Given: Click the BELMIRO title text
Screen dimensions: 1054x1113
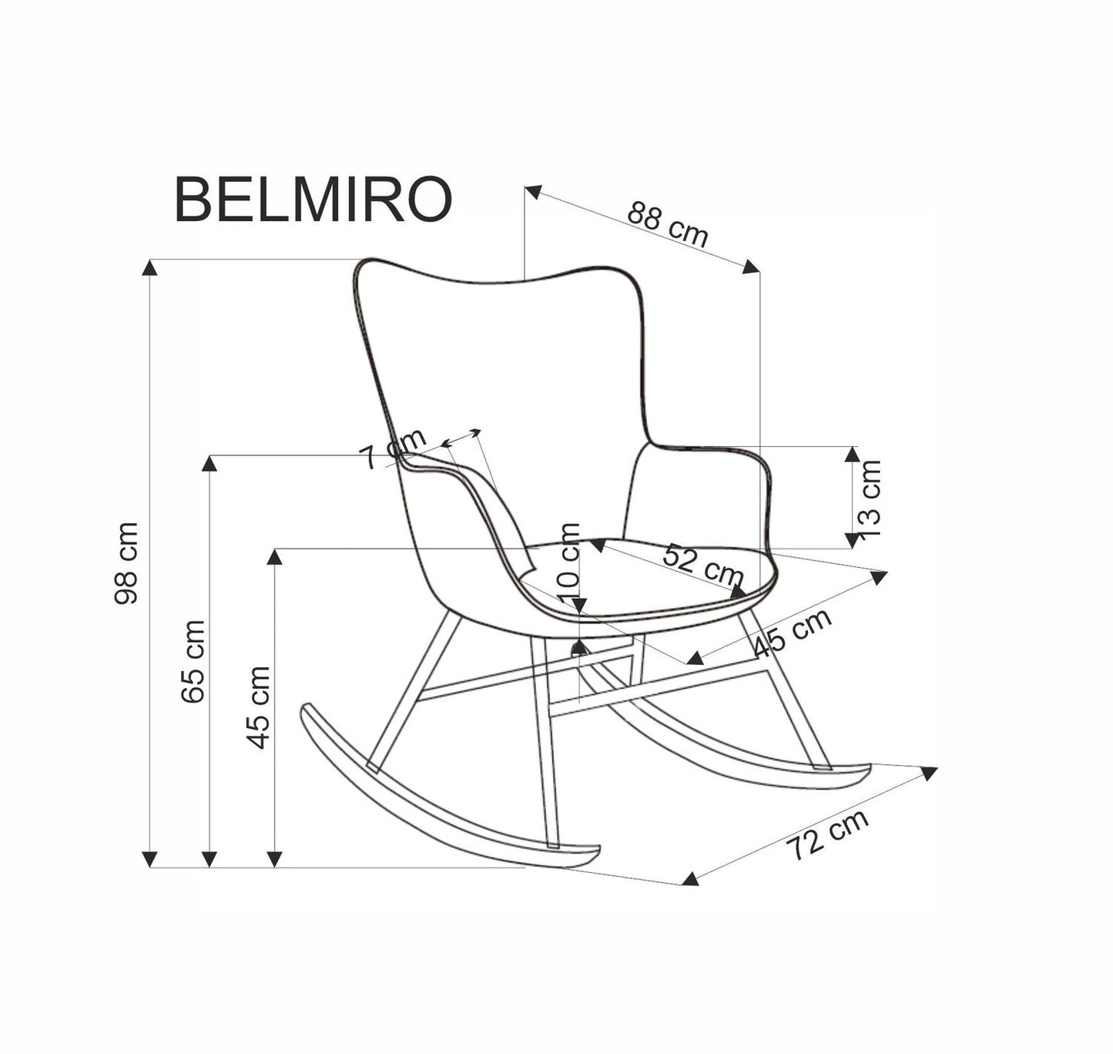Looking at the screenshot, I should click(x=313, y=200).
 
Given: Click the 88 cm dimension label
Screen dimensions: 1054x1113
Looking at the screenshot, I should click(x=667, y=224).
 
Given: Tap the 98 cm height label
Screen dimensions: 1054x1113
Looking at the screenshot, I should click(x=126, y=562).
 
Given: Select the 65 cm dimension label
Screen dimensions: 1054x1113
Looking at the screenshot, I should click(x=193, y=661).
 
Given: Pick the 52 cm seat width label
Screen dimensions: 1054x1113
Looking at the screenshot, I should click(x=703, y=564).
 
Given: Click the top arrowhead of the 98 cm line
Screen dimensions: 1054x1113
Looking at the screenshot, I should click(x=150, y=267).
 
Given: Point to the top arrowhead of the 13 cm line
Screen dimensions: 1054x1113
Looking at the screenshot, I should click(x=851, y=454).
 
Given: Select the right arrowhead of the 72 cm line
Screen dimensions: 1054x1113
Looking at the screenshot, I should click(x=930, y=773).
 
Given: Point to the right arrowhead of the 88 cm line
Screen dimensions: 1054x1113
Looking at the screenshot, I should click(x=751, y=266).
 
